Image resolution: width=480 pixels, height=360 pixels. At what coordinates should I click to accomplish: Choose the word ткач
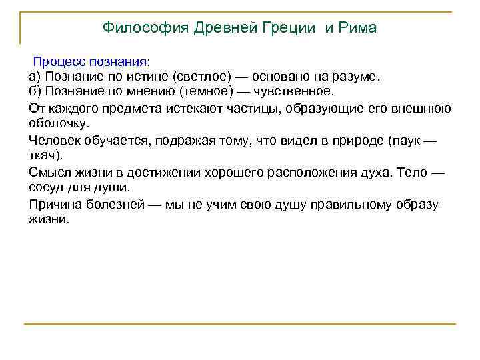coord(45,155)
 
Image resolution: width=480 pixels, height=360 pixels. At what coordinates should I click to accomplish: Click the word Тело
coord(409,173)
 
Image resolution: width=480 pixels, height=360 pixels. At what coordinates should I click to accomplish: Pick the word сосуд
coord(47,187)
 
